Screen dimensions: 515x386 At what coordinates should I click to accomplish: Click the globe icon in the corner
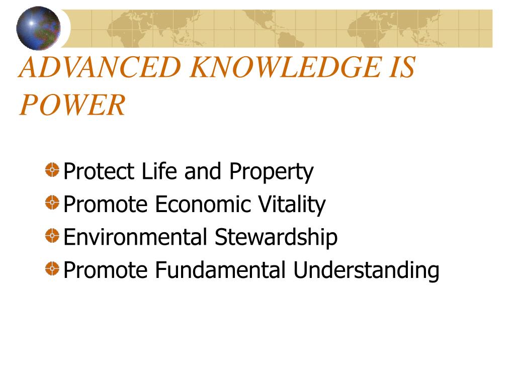tap(38, 28)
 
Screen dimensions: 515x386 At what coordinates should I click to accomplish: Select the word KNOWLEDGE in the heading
tap(286, 67)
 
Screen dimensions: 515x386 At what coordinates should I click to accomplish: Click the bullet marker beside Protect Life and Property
tap(52, 170)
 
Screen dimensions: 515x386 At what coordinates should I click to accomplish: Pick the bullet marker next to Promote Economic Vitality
tap(52, 203)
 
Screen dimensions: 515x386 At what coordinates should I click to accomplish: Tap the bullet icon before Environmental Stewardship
tap(52, 236)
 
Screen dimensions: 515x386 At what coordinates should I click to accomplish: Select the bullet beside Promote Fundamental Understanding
tap(52, 268)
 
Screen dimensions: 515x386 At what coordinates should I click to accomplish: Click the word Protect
tap(99, 171)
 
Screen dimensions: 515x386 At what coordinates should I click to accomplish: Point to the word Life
tap(159, 171)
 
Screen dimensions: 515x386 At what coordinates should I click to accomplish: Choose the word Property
tap(271, 173)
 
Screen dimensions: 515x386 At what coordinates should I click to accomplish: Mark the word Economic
tap(203, 204)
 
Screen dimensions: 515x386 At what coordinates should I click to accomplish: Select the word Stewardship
tap(276, 238)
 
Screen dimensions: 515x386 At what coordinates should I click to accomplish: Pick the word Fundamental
tap(220, 270)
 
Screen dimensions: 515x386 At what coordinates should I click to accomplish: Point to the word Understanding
tap(366, 271)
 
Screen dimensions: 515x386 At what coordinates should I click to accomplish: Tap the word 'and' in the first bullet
tap(203, 171)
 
